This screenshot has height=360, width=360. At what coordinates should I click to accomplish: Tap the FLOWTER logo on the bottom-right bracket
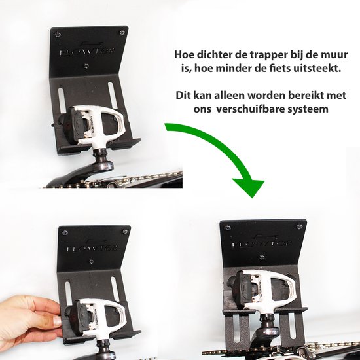click(262, 246)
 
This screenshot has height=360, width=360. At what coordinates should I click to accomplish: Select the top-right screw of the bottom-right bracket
click(299, 226)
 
